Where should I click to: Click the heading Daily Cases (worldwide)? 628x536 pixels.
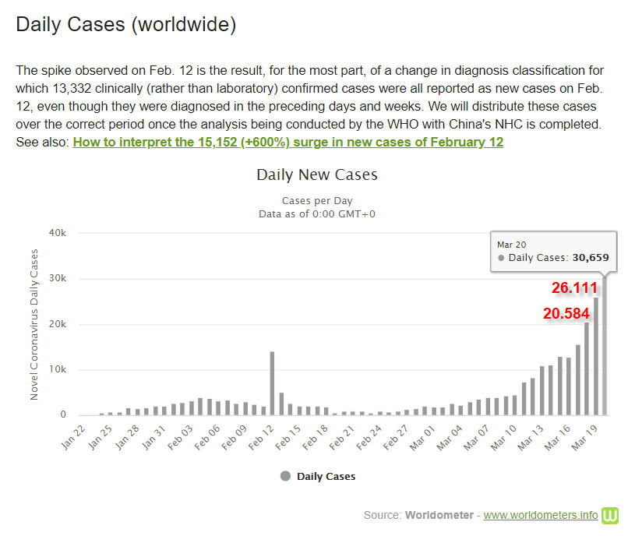pyautogui.click(x=125, y=24)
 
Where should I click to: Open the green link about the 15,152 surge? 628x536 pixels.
pyautogui.click(x=288, y=142)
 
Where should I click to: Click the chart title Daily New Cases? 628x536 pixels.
pyautogui.click(x=316, y=175)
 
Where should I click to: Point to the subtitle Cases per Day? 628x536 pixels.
pyautogui.click(x=316, y=200)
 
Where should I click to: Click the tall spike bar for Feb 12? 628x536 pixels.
pyautogui.click(x=272, y=383)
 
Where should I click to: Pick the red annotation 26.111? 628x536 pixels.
pyautogui.click(x=574, y=288)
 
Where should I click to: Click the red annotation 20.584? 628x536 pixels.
pyautogui.click(x=566, y=313)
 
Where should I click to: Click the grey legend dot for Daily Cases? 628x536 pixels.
pyautogui.click(x=285, y=476)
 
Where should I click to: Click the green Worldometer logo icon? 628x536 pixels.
pyautogui.click(x=610, y=515)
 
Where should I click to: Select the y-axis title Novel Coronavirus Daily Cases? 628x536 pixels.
pyautogui.click(x=34, y=324)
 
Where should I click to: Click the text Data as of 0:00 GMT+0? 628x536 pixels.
pyautogui.click(x=316, y=213)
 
